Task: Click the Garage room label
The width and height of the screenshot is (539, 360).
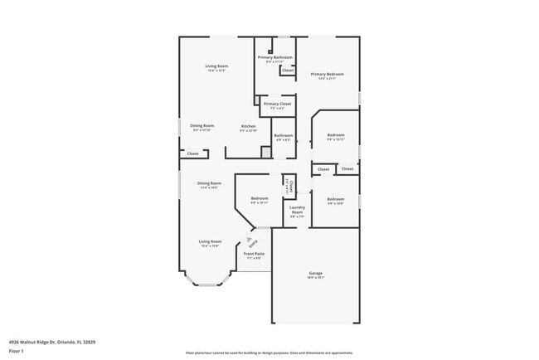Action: (315, 273)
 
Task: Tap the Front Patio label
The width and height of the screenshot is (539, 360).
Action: (253, 255)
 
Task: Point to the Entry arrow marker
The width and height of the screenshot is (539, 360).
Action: (252, 241)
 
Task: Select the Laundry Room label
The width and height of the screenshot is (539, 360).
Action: (297, 209)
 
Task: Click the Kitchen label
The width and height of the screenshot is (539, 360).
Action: (248, 128)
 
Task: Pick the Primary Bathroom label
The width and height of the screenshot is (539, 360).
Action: (274, 58)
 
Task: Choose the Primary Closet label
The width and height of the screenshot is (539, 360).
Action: (278, 105)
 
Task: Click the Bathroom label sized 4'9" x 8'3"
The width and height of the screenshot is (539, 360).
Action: (284, 136)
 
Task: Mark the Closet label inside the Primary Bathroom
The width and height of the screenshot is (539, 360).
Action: (287, 71)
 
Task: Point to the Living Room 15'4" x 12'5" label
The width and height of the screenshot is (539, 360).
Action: (217, 67)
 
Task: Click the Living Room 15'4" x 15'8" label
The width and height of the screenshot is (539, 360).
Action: (210, 243)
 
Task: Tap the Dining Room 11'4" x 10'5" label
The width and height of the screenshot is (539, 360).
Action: (209, 184)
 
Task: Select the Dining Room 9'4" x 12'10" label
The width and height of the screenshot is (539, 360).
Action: (202, 127)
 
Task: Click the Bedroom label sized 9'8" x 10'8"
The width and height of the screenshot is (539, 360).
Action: (335, 201)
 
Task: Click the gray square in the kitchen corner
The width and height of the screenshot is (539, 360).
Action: (266, 152)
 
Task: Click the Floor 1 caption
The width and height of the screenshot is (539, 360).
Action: (16, 352)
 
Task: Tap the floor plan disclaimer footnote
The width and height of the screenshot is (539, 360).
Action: (269, 353)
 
